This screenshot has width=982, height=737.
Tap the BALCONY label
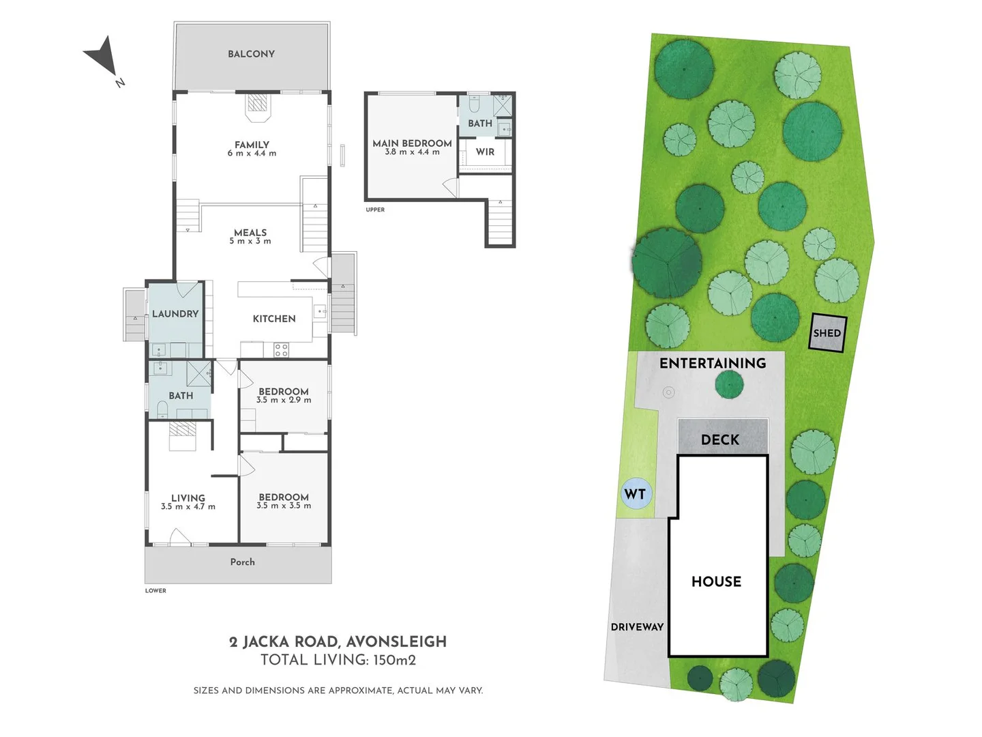pos(251,54)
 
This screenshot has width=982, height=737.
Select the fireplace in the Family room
pos(258,106)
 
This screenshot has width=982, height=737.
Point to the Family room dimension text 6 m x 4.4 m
pos(252,153)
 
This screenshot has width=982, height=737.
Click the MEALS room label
pos(250,233)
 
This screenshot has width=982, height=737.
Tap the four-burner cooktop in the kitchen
pos(281,350)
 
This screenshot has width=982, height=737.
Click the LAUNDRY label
pos(175,314)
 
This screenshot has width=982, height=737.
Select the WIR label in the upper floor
pos(485,152)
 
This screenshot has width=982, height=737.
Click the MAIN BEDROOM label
pos(412,143)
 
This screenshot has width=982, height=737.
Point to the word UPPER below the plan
pos(375,209)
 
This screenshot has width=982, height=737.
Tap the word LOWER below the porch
pos(155,591)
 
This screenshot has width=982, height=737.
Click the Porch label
pos(243,562)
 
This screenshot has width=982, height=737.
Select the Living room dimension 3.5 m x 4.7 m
pos(188,506)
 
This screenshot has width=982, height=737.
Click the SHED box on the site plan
pos(827,334)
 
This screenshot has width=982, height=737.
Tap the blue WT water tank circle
pos(636,494)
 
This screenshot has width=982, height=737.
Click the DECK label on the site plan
pos(720,440)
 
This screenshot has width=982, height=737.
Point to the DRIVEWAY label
pos(637,627)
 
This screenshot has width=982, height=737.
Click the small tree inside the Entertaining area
pos(729,385)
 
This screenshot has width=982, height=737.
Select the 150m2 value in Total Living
pos(395,661)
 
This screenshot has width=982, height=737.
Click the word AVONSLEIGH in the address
pos(396,642)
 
